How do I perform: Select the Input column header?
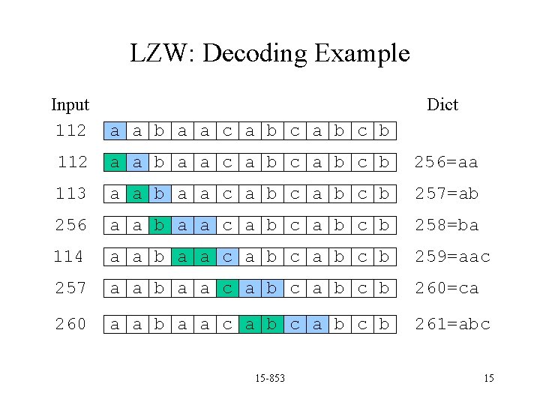click(70, 104)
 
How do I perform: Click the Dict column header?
click(442, 104)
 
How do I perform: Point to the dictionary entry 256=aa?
click(446, 162)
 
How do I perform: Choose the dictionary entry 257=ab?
click(446, 193)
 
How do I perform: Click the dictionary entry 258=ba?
click(446, 225)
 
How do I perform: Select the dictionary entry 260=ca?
click(446, 288)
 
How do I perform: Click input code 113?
click(70, 193)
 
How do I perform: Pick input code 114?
click(68, 256)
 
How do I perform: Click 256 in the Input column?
click(70, 225)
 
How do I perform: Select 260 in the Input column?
click(70, 324)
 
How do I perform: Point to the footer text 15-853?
click(270, 378)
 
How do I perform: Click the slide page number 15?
click(488, 378)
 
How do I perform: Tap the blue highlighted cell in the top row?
click(115, 130)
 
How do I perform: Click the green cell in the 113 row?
click(137, 193)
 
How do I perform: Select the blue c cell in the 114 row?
click(227, 256)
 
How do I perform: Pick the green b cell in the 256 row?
click(160, 225)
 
